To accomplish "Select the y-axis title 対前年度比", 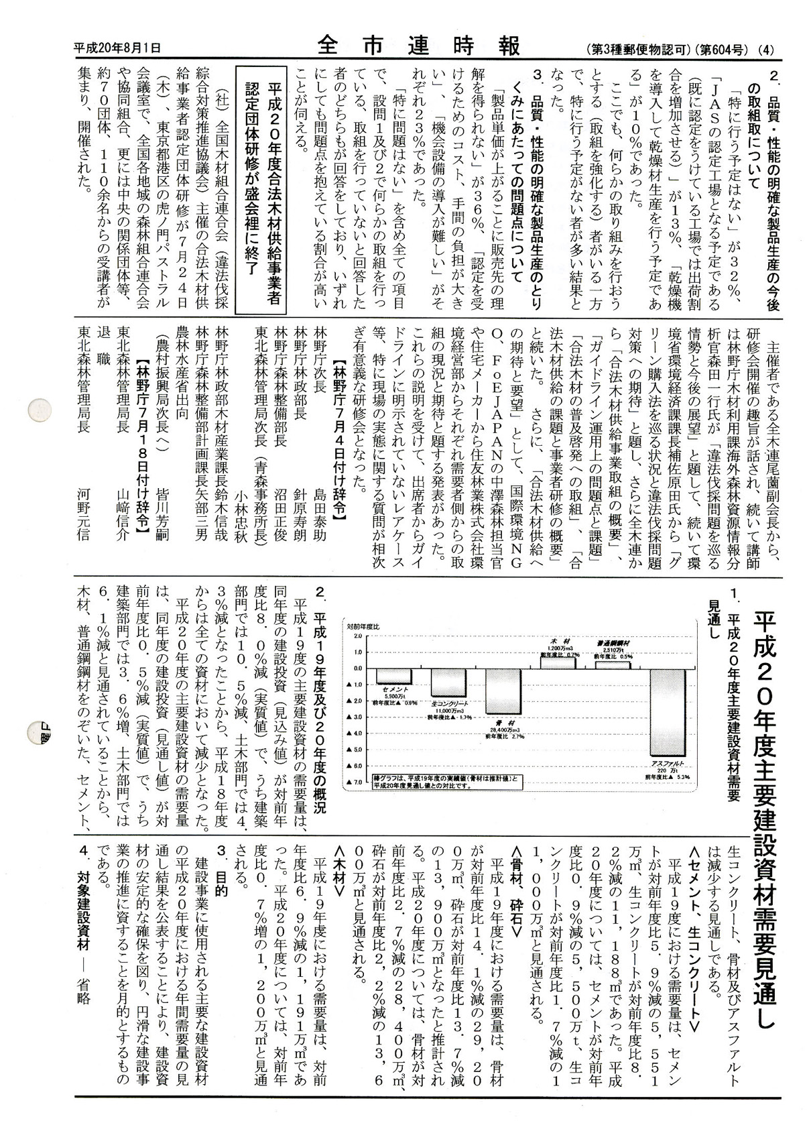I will (x=363, y=625).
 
